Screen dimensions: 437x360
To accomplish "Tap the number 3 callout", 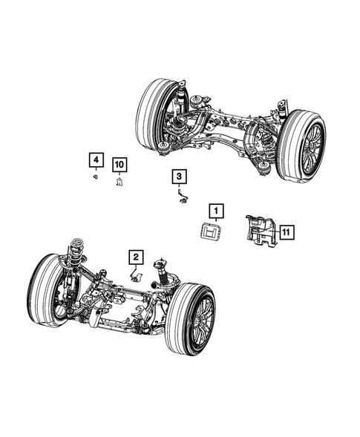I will pyautogui.click(x=180, y=177).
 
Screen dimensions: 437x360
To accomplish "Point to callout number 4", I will pyautogui.click(x=95, y=160).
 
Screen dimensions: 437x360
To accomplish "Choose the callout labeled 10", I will pyautogui.click(x=119, y=164).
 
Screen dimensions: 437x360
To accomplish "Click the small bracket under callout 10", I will pyautogui.click(x=119, y=181).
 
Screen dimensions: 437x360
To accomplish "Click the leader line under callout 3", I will pyautogui.click(x=180, y=187).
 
